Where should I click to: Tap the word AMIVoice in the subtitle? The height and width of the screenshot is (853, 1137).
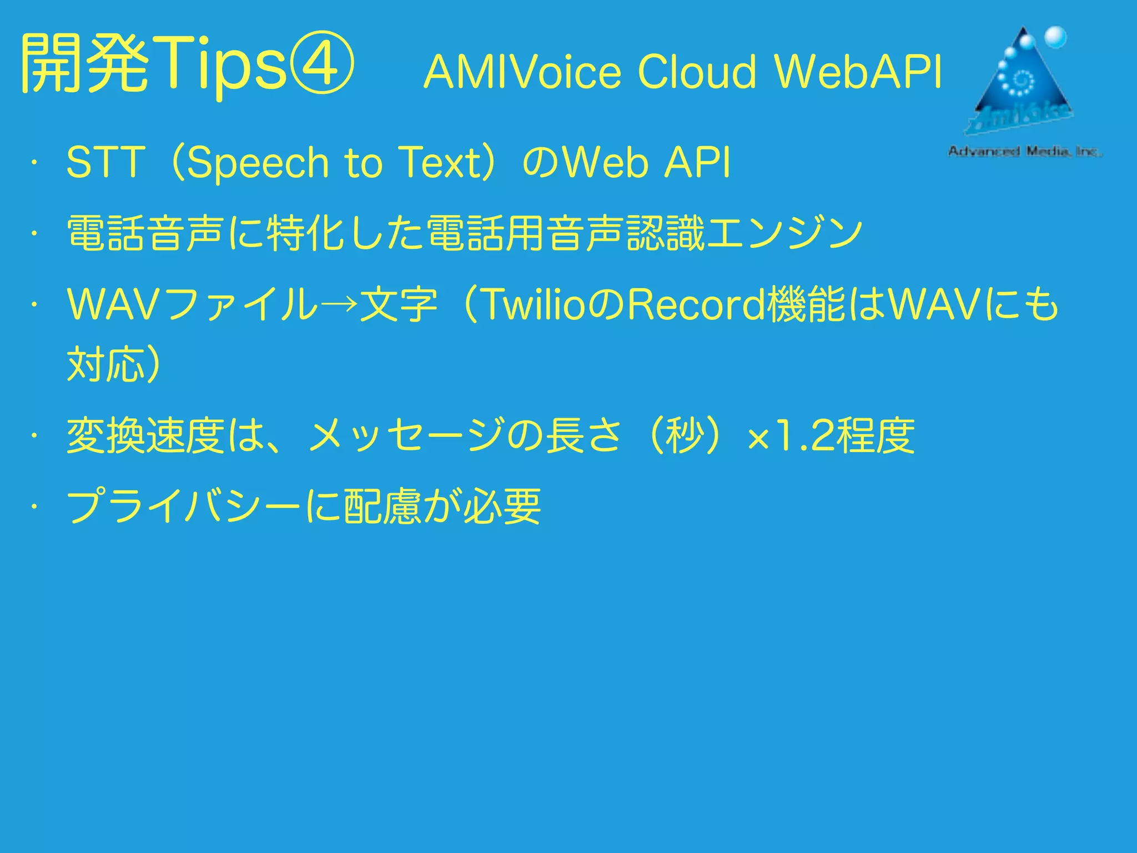(522, 72)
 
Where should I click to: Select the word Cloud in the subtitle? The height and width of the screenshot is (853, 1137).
(696, 72)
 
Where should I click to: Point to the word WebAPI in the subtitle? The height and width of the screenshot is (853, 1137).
(858, 72)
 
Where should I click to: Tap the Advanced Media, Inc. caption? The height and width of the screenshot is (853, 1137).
(1024, 151)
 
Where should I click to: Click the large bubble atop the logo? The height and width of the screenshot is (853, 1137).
(1055, 38)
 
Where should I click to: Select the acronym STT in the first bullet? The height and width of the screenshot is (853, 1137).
(105, 163)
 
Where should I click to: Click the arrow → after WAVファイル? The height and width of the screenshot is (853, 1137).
(338, 304)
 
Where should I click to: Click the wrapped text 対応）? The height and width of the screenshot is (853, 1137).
(114, 364)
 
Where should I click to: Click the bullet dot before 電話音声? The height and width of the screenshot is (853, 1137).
(34, 234)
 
